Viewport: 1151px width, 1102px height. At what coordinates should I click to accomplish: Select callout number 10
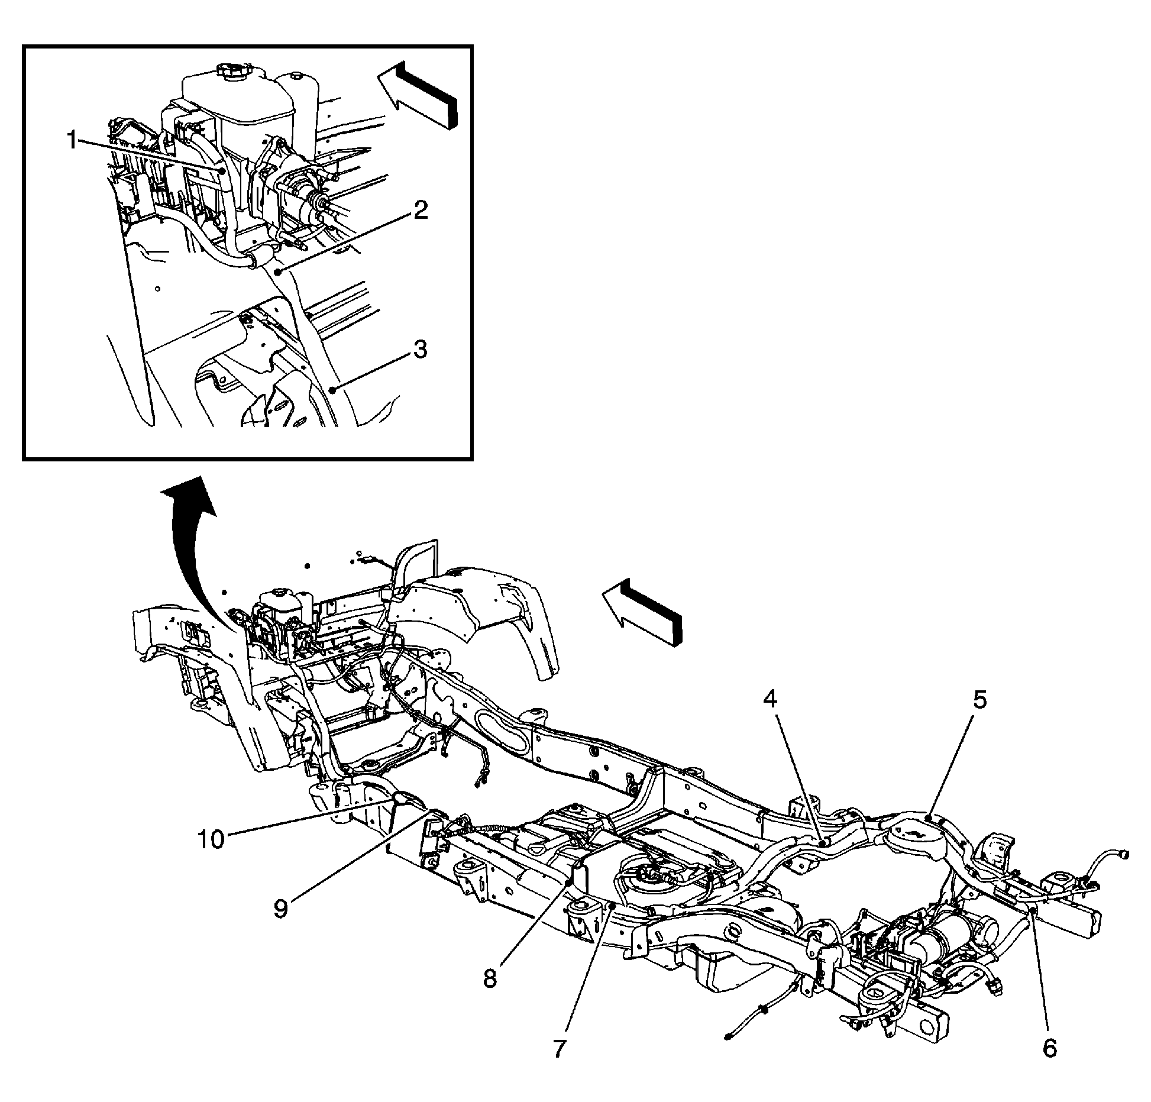211,839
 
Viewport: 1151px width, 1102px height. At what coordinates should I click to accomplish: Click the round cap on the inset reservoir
231,71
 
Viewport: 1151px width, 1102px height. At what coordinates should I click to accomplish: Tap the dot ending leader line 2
277,271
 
